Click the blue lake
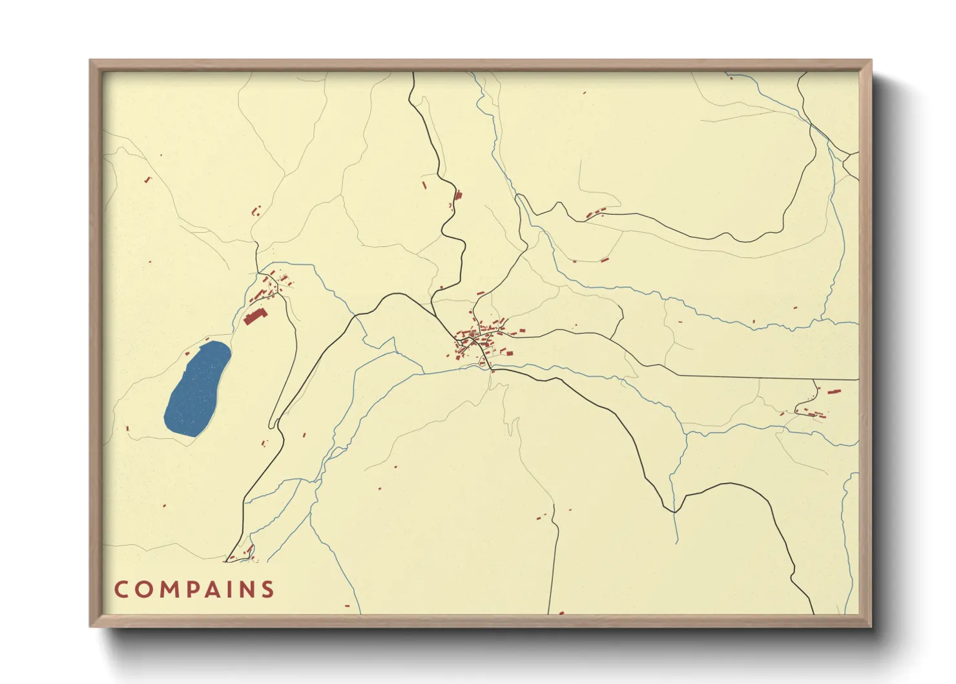pos(197,390)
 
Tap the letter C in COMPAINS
pos(121,590)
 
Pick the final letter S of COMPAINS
pos(267,590)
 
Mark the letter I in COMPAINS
pos(229,590)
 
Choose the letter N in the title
pos(247,590)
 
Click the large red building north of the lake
pos(255,316)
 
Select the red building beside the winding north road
pos(459,195)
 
